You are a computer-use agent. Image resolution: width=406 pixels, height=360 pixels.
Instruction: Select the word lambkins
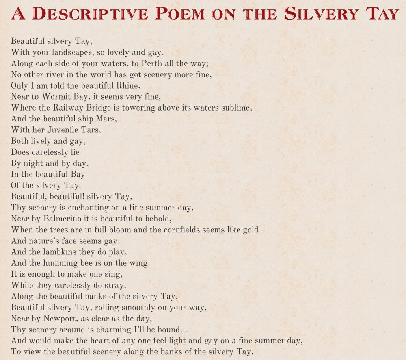click(60, 252)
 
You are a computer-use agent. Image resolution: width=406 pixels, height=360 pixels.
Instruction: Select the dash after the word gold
click(264, 230)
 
